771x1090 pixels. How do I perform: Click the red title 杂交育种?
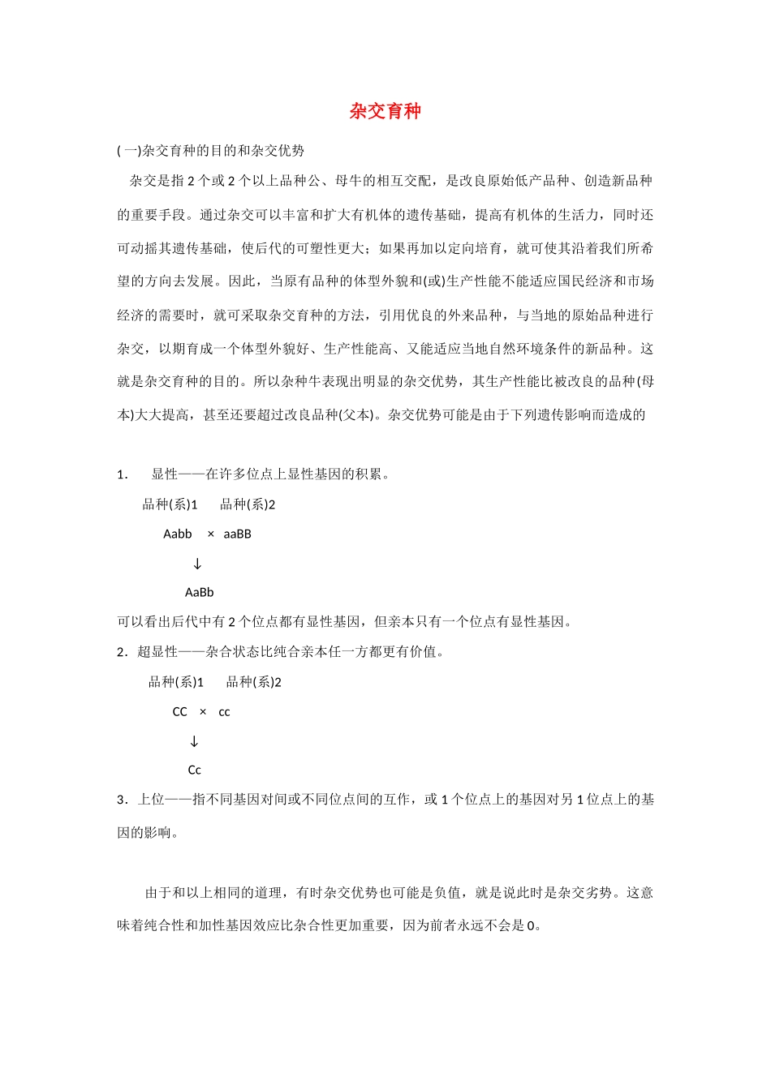[385, 111]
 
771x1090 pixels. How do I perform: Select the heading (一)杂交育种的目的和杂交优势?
[211, 151]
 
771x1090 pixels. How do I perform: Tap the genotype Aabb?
[178, 534]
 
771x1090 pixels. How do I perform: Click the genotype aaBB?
[238, 534]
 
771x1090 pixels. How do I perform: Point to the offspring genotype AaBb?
[200, 593]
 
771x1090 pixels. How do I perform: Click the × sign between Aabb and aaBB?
[211, 534]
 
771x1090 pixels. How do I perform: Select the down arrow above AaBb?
[197, 564]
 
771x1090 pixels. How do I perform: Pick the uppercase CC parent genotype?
[180, 712]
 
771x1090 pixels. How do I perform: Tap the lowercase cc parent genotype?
[225, 713]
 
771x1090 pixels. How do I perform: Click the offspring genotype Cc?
[195, 770]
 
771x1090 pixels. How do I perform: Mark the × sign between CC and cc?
[203, 712]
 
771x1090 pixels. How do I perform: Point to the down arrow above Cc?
[194, 741]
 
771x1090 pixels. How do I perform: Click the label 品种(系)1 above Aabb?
[170, 504]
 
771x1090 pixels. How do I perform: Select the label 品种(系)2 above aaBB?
[248, 504]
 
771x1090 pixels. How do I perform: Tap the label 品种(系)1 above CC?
[176, 682]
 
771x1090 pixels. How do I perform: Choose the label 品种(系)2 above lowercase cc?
[254, 682]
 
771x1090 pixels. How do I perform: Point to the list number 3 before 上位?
[121, 800]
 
